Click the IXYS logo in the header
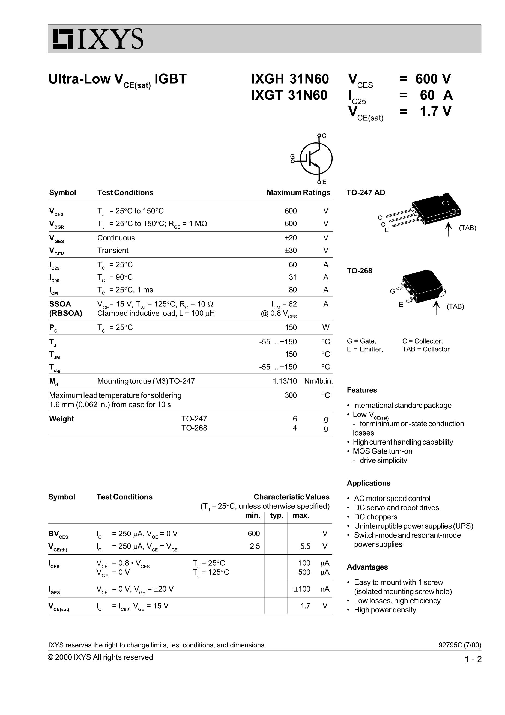pos(98,39)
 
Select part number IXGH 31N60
pos(290,79)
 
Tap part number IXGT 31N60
pos(289,95)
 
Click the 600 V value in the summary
pos(433,79)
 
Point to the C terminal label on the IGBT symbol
pos(324,136)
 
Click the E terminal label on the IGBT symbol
pos(324,182)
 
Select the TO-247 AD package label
pos(366,192)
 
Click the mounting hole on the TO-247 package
pos(446,203)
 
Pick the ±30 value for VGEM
pos(291,250)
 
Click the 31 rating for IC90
pos(292,277)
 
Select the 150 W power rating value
pos(291,327)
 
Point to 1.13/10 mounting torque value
pos(285,381)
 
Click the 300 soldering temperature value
pos(291,395)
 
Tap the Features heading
pos(362,390)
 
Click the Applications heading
pos(368,483)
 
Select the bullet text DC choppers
pos(375,517)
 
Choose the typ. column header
pos(276,516)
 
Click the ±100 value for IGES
pos(302,589)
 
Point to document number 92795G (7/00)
pos(459,645)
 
